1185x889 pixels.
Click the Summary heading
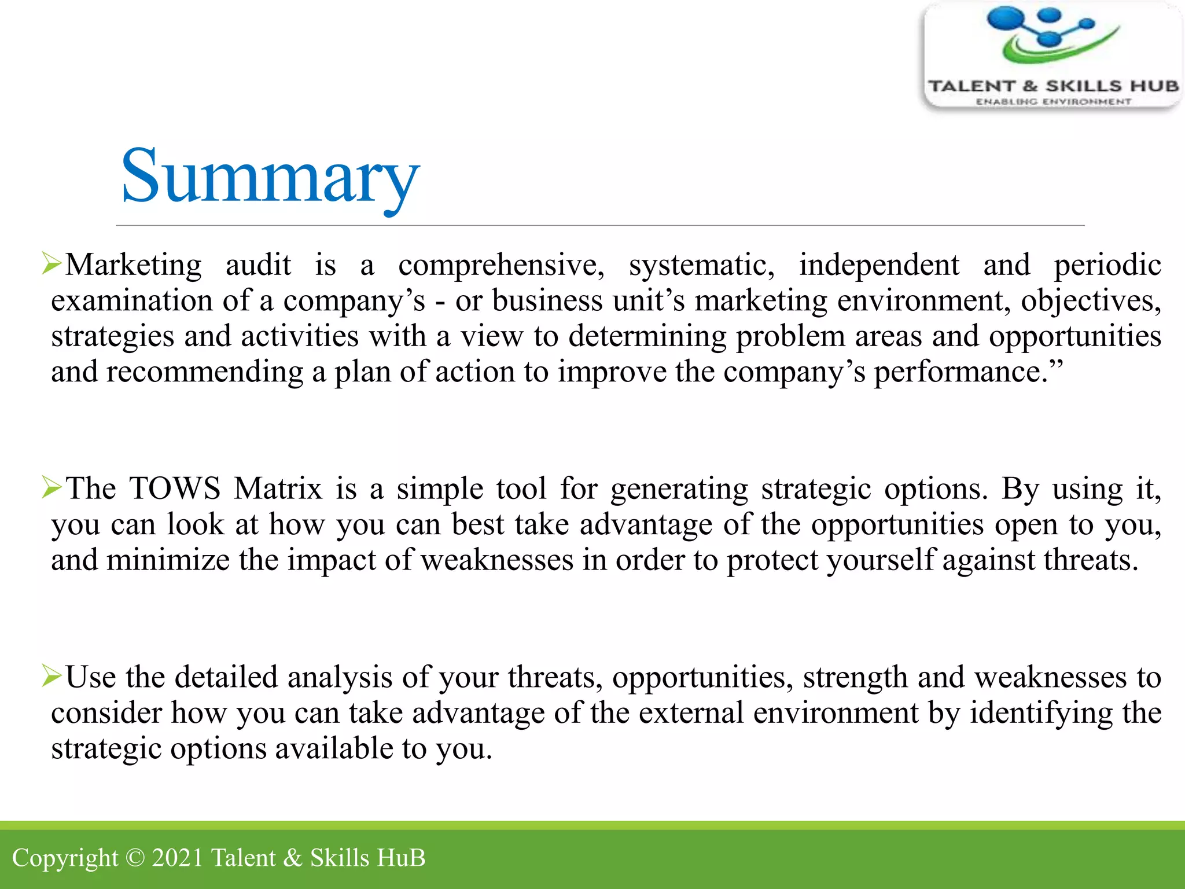click(270, 176)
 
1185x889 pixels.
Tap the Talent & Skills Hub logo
click(1052, 56)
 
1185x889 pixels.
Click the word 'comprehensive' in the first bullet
click(501, 265)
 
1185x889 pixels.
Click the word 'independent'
click(879, 265)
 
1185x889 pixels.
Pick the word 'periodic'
click(1107, 265)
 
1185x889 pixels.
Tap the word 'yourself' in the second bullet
click(879, 560)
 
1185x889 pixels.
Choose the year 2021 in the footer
click(177, 858)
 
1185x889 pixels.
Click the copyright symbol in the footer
click(135, 858)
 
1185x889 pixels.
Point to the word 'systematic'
click(701, 265)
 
